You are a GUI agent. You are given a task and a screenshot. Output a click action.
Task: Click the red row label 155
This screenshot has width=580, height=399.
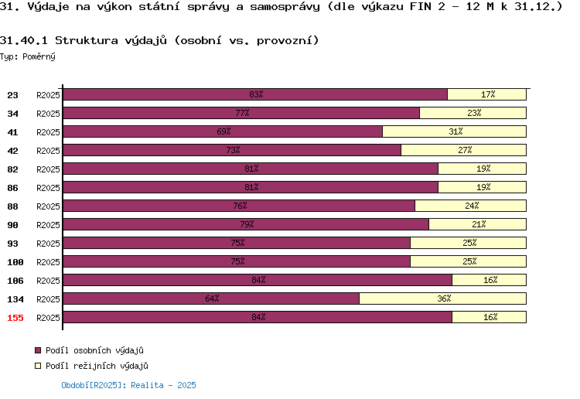(15, 318)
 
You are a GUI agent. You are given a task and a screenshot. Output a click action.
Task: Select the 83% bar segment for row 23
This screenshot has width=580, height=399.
(255, 94)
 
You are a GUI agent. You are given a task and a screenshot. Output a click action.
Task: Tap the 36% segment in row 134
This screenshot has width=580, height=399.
(443, 298)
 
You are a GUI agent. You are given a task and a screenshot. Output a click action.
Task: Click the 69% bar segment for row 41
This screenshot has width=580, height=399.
(223, 131)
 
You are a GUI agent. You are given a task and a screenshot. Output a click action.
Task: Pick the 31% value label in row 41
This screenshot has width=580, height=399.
(455, 131)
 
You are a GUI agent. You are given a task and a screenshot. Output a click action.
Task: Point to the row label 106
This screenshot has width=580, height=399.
(15, 281)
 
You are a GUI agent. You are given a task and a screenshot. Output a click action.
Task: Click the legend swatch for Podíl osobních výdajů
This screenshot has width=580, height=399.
(38, 350)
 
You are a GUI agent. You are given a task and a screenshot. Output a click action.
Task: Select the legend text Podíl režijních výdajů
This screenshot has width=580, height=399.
(97, 366)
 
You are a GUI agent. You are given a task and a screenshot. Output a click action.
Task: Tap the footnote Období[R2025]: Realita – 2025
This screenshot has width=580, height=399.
(128, 385)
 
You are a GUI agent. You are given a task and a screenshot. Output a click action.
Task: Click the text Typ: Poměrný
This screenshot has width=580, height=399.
(28, 56)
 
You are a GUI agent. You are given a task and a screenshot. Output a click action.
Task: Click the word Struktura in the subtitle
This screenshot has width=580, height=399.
(87, 40)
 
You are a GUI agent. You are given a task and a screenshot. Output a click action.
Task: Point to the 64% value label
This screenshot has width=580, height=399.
(212, 298)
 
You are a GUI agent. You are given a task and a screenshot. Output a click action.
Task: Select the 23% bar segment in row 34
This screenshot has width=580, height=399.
(473, 113)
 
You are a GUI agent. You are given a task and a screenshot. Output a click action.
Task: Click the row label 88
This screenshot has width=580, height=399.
(12, 206)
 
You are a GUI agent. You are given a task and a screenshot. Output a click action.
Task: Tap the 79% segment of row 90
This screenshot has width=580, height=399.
(246, 224)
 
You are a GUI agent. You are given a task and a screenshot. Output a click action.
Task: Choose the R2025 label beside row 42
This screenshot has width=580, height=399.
(48, 151)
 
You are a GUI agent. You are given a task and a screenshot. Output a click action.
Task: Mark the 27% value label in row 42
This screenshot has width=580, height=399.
(465, 150)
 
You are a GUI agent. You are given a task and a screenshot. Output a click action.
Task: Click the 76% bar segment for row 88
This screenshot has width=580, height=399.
(239, 206)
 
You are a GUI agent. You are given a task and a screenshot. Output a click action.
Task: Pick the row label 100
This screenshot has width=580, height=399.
(15, 262)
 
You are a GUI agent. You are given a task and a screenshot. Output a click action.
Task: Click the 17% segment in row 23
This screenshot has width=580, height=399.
(486, 94)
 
